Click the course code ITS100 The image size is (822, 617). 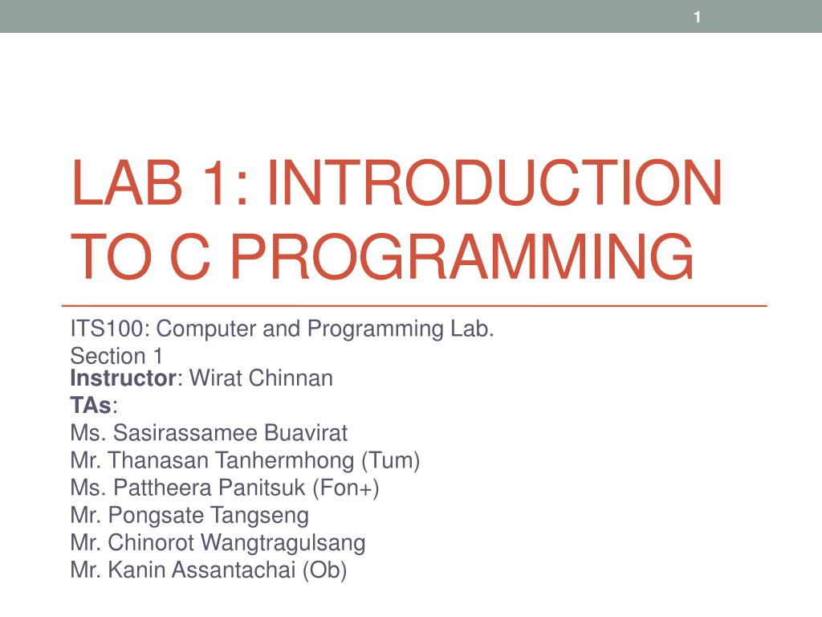click(x=108, y=329)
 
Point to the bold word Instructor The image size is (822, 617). click(x=124, y=378)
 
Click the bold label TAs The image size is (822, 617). click(x=92, y=406)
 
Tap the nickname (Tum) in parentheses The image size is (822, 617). click(x=391, y=461)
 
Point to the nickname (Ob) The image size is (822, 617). click(x=325, y=570)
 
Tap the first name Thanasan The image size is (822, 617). click(x=148, y=461)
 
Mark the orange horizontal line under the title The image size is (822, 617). click(x=413, y=307)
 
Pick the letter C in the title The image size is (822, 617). click(x=202, y=256)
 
